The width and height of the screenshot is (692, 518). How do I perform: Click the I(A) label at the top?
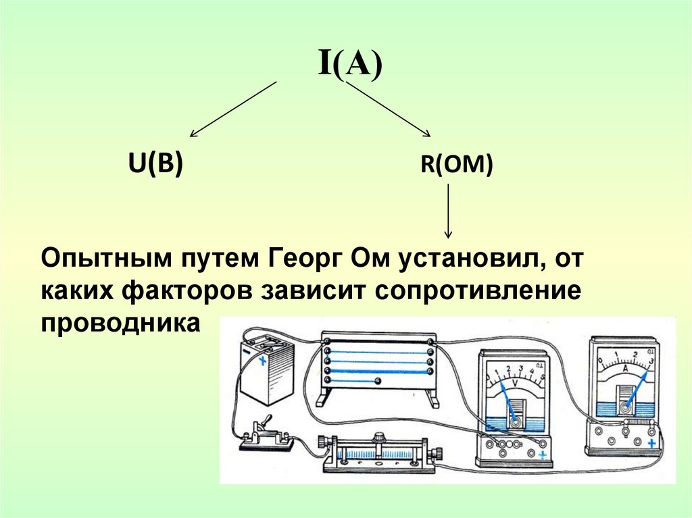[350, 66]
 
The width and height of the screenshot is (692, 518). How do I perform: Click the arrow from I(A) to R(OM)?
[389, 109]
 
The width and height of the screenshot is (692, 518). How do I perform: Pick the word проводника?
[122, 323]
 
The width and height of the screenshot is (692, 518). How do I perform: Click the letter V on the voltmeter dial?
[516, 383]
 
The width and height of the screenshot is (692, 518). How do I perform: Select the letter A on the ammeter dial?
[626, 369]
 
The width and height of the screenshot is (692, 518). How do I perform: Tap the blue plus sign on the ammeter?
[652, 444]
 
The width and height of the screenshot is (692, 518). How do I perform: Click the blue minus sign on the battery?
[246, 352]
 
